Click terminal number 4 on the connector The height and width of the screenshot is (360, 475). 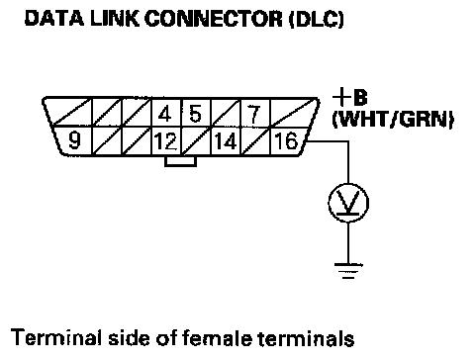click(164, 114)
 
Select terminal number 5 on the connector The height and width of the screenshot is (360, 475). click(195, 114)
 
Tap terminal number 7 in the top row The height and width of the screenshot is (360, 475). click(253, 114)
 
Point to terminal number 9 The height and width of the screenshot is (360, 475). click(74, 139)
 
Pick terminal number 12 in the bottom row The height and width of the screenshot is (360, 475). click(166, 141)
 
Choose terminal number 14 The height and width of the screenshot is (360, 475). click(226, 141)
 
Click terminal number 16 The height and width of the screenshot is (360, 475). click(286, 140)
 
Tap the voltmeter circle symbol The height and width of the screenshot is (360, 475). click(348, 203)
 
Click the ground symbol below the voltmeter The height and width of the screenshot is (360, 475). click(348, 271)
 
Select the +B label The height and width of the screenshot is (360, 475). click(349, 98)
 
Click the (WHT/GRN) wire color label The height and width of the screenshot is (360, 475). click(393, 119)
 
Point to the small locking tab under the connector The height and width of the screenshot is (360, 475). click(180, 161)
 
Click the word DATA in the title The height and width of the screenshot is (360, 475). click(54, 19)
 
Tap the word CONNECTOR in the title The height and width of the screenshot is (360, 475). click(214, 19)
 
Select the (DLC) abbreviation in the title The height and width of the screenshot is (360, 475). click(317, 19)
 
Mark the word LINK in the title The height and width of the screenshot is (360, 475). click(115, 19)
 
